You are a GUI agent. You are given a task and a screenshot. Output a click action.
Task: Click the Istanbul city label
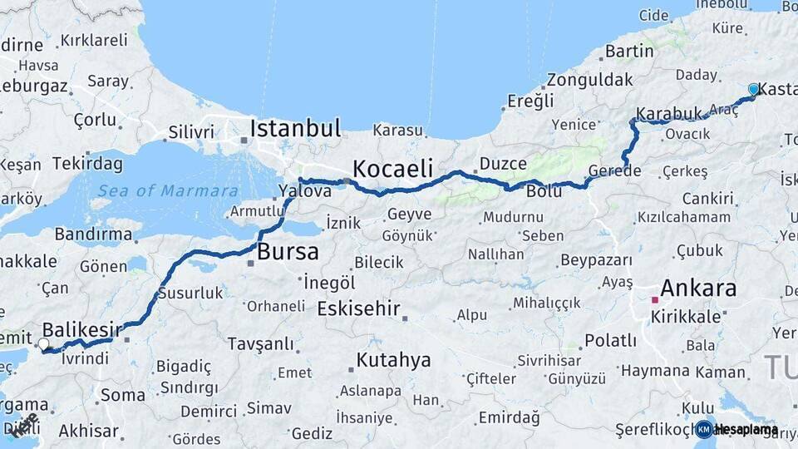(295, 129)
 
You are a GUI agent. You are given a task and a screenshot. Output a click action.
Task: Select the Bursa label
(288, 252)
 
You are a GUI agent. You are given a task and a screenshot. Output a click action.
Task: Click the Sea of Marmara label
(168, 191)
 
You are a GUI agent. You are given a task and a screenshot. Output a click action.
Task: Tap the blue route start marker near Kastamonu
(753, 89)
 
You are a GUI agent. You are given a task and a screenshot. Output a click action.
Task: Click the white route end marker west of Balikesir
(43, 343)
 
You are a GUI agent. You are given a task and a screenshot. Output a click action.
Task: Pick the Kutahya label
(394, 360)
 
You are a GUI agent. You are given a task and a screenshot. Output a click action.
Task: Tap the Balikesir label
(76, 329)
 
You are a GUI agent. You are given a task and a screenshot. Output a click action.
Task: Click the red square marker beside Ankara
(655, 299)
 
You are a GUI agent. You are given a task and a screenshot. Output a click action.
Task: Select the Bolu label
(544, 192)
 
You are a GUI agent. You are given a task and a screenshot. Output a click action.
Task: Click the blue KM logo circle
(704, 429)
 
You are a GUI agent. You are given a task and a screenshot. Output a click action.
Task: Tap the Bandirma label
(93, 234)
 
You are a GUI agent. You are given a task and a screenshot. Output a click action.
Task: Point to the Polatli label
(611, 340)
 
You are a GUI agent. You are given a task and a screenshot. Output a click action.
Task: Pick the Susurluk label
(190, 293)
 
